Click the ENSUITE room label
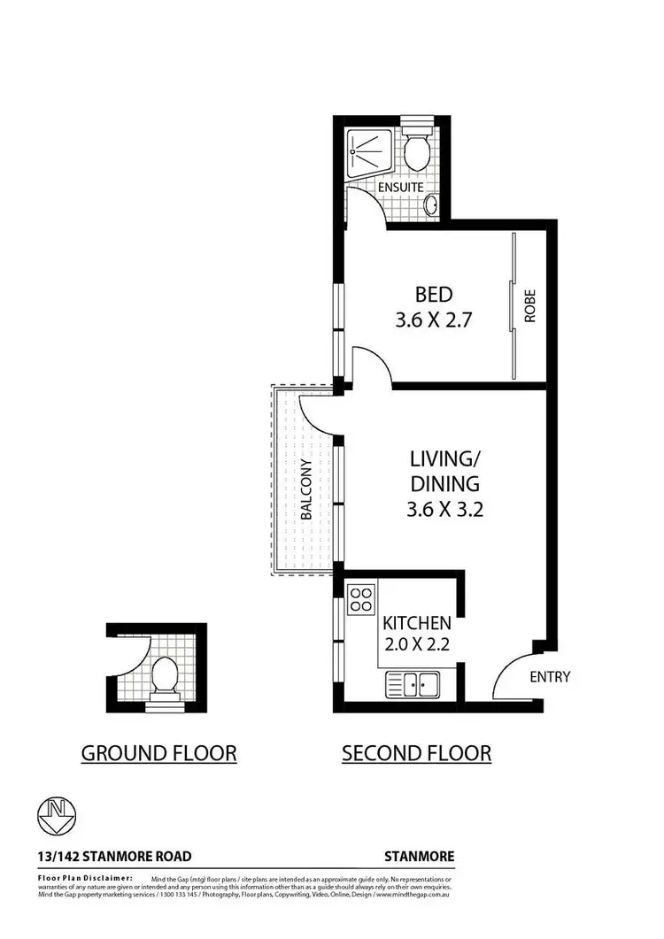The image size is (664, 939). [x=401, y=189]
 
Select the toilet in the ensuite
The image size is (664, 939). [x=417, y=151]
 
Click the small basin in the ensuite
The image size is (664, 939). [x=432, y=205]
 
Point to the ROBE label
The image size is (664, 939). [x=530, y=306]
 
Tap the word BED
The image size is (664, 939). [x=433, y=294]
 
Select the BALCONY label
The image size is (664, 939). [x=305, y=489]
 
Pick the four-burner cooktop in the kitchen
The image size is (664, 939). [x=361, y=599]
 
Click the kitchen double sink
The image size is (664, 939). [x=413, y=683]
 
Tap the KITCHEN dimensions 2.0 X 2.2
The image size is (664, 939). [x=417, y=644]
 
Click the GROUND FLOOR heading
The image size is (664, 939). [x=158, y=753]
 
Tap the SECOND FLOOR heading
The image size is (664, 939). [x=416, y=753]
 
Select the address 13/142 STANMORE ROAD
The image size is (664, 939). [x=114, y=857]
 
